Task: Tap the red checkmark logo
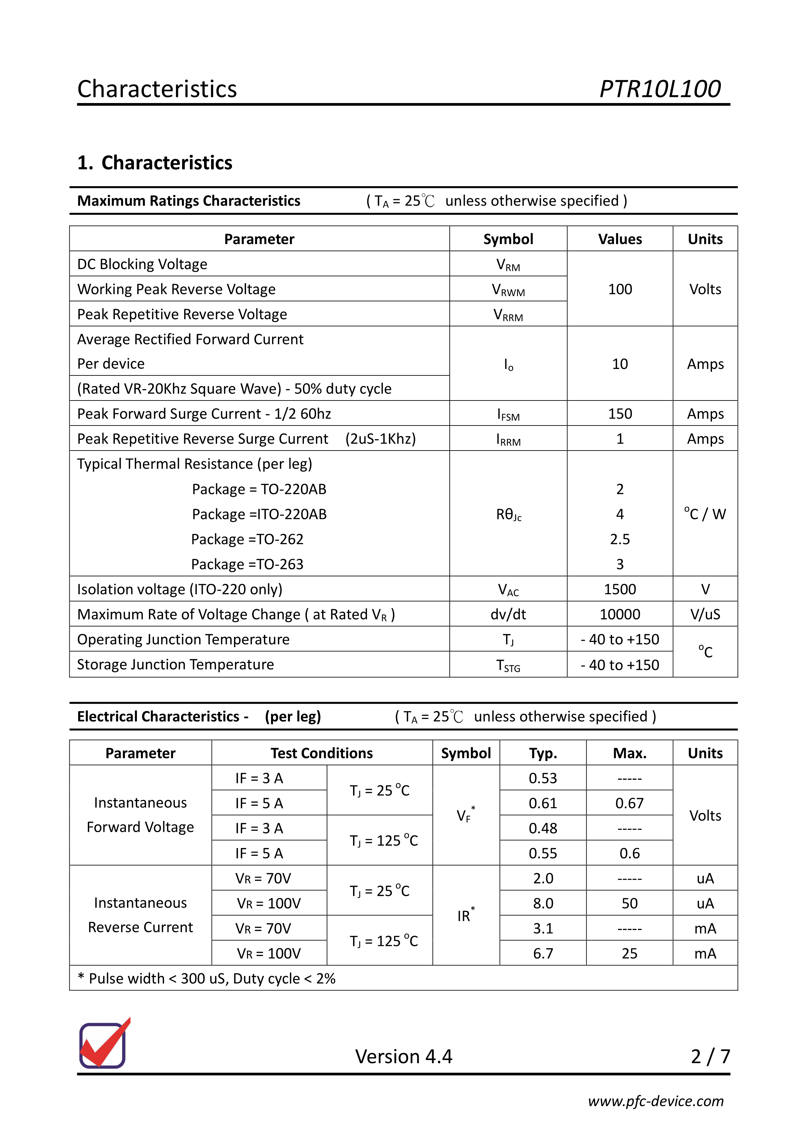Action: [104, 1044]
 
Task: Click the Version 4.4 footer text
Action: [403, 1056]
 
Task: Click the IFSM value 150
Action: [620, 413]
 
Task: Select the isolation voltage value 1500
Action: [620, 589]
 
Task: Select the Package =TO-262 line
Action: [247, 539]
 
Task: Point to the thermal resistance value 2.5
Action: [620, 539]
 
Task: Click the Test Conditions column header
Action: [321, 753]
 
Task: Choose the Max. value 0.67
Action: [629, 803]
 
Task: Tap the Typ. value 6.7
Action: [543, 953]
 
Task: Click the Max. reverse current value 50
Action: [629, 903]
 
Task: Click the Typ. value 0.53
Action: [543, 778]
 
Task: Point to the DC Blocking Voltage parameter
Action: [142, 264]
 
